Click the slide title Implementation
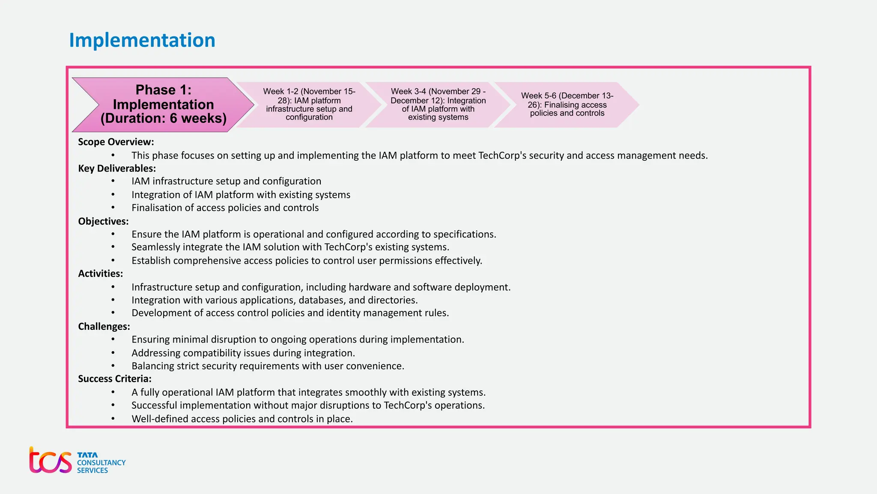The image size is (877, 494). click(142, 40)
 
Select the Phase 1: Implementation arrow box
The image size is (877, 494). click(163, 105)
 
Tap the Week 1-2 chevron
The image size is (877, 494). click(309, 104)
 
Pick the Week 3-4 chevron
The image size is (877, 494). click(438, 104)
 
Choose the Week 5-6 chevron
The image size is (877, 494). click(567, 104)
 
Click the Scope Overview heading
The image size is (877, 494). click(116, 142)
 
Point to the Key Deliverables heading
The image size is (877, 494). click(116, 169)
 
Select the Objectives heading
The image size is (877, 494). click(103, 221)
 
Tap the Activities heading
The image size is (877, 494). click(100, 274)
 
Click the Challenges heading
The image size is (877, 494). click(104, 326)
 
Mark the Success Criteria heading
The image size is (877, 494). click(114, 379)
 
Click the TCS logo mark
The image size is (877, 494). click(50, 461)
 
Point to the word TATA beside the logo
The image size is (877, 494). click(87, 455)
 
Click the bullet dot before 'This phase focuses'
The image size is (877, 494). click(113, 155)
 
